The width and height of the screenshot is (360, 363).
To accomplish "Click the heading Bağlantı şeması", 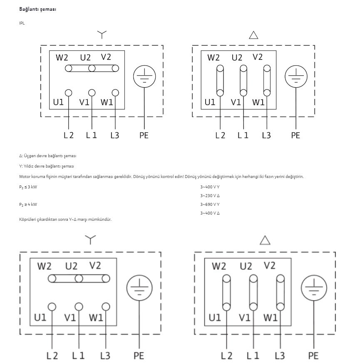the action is [x=37, y=9].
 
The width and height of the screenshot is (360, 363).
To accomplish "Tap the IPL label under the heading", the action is [x=22, y=23].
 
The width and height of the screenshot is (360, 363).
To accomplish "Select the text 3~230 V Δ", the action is [x=210, y=195].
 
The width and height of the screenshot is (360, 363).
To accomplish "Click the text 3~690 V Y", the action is [x=210, y=205].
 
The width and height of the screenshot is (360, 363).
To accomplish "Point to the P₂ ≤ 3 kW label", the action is [x=28, y=187].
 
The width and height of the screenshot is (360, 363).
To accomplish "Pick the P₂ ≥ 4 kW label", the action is [x=28, y=205].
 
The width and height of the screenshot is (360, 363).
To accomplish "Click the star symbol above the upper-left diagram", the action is [x=102, y=35].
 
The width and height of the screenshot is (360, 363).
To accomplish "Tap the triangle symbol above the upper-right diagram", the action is [x=253, y=35].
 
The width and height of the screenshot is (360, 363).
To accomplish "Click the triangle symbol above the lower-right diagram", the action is [x=265, y=240].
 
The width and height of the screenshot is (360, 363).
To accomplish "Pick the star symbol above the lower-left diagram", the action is [x=90, y=240].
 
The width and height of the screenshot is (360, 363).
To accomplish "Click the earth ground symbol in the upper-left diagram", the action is [x=144, y=77].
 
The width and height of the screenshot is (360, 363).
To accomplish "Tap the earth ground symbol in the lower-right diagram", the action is [x=314, y=288].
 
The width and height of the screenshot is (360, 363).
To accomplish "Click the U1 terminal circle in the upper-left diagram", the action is [x=68, y=93].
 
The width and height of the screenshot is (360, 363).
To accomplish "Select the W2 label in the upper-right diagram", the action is [x=214, y=57].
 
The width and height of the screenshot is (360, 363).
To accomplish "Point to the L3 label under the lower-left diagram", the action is [x=105, y=356].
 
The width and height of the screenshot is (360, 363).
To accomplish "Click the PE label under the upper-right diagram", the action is [x=295, y=135].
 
